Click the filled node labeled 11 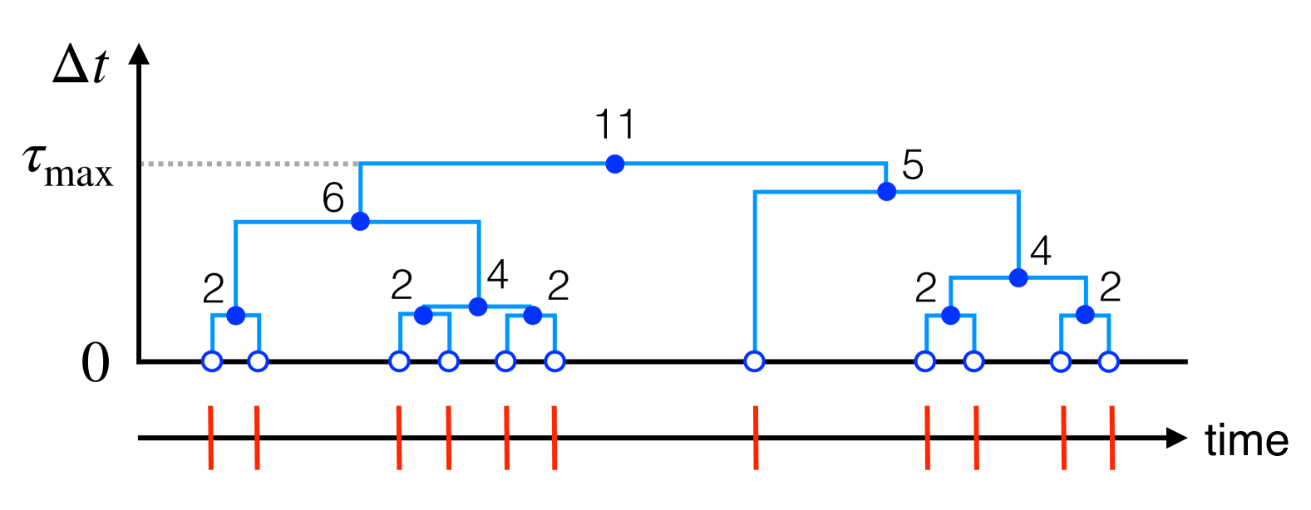pyautogui.click(x=614, y=164)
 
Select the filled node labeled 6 pyautogui.click(x=359, y=221)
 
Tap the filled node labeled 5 pyautogui.click(x=887, y=192)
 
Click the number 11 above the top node pyautogui.click(x=614, y=125)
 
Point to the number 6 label pyautogui.click(x=333, y=199)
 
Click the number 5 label pyautogui.click(x=913, y=166)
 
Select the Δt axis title pyautogui.click(x=80, y=66)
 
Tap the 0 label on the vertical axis pyautogui.click(x=95, y=364)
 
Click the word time pyautogui.click(x=1246, y=439)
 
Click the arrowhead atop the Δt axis pyautogui.click(x=140, y=53)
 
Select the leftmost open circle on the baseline pyautogui.click(x=212, y=361)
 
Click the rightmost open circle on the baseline pyautogui.click(x=1108, y=361)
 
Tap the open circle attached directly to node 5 pyautogui.click(x=754, y=361)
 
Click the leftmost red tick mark pyautogui.click(x=211, y=438)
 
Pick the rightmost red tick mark pyautogui.click(x=1112, y=438)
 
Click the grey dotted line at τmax pyautogui.click(x=249, y=164)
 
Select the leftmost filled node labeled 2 pyautogui.click(x=236, y=316)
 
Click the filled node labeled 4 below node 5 pyautogui.click(x=1018, y=277)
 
